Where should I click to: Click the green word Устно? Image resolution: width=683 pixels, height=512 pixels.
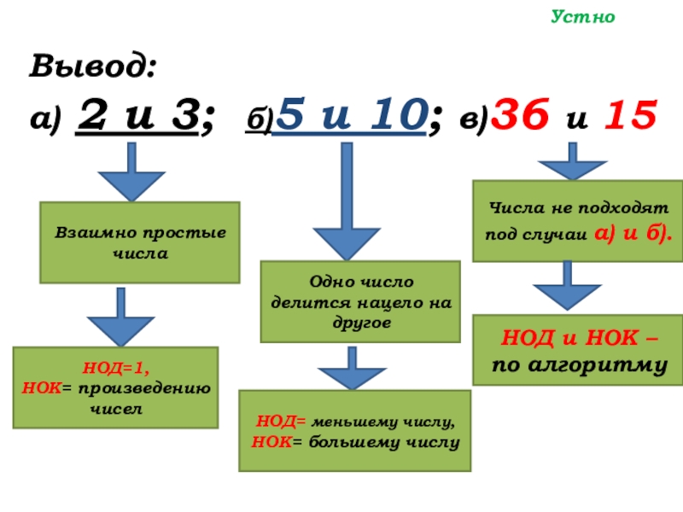coord(584,16)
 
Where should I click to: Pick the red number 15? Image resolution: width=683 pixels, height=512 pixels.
coord(629,115)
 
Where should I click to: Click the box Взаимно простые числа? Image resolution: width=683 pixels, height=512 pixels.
coord(140,242)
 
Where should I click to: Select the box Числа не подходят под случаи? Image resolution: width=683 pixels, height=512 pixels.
coord(578,220)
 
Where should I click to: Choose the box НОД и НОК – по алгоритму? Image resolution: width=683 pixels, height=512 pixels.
coord(578,349)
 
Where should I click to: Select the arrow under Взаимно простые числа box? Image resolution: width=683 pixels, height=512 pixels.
coord(120,316)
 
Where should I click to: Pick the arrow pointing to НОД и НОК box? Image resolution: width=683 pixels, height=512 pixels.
coord(566,287)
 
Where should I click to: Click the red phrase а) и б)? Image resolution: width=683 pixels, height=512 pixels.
coord(630,232)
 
